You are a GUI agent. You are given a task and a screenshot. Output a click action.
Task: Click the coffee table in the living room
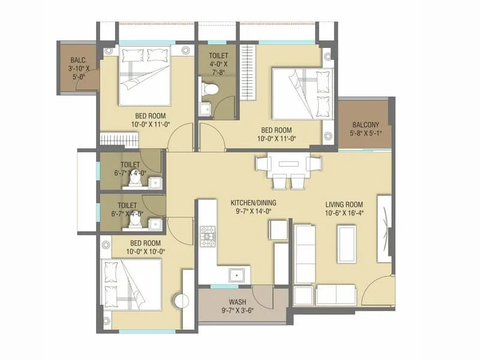[347, 243]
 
